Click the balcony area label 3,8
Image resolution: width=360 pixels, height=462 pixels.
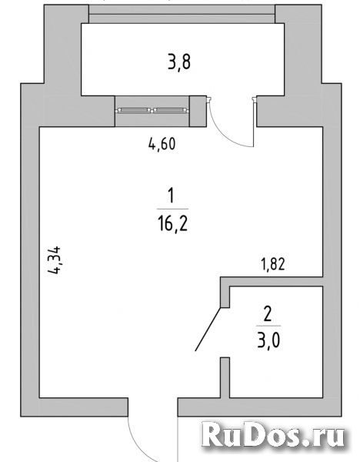tap(179, 62)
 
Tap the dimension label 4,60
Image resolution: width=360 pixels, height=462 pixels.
tap(162, 145)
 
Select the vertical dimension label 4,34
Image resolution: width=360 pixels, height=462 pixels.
tap(55, 260)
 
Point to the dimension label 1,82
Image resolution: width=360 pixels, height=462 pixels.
tap(273, 264)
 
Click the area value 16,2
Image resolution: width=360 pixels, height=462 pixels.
tap(172, 223)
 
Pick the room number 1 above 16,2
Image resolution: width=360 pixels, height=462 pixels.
tap(171, 196)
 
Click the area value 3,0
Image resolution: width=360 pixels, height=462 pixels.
tap(268, 341)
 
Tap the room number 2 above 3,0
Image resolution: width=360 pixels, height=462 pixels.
tap(268, 314)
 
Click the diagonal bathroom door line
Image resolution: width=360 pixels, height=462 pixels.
tap(208, 329)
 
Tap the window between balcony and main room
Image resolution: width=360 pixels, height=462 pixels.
tap(152, 110)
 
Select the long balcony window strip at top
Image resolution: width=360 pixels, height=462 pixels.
tap(182, 14)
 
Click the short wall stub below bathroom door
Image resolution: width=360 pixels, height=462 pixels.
tap(225, 377)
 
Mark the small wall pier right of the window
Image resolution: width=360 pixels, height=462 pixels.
tap(198, 111)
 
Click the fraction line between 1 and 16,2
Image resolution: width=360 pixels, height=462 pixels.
tap(172, 209)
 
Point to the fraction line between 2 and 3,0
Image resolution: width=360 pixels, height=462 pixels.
tap(268, 326)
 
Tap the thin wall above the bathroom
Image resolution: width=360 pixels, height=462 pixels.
tap(272, 281)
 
